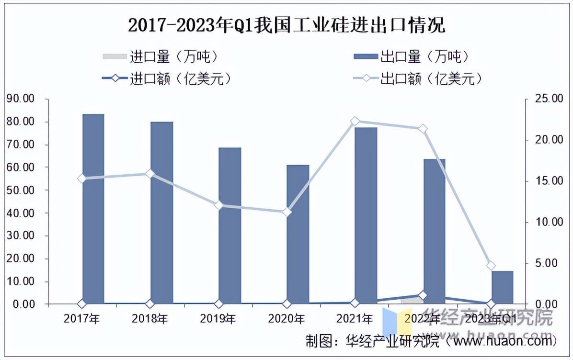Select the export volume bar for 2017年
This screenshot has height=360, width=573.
93,209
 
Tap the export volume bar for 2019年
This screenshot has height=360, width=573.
229,225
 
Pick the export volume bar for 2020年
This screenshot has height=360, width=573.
298,234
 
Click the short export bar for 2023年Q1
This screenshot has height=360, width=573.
502,287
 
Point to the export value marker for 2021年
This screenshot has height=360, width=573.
355,121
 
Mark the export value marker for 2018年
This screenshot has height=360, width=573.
150,174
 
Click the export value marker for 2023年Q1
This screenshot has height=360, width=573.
491,266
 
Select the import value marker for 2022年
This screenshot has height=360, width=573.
423,295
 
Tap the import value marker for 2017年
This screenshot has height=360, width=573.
81,304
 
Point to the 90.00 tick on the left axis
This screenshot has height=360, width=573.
22,99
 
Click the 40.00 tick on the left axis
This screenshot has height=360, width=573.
22,213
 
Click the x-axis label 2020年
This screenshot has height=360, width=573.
286,318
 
